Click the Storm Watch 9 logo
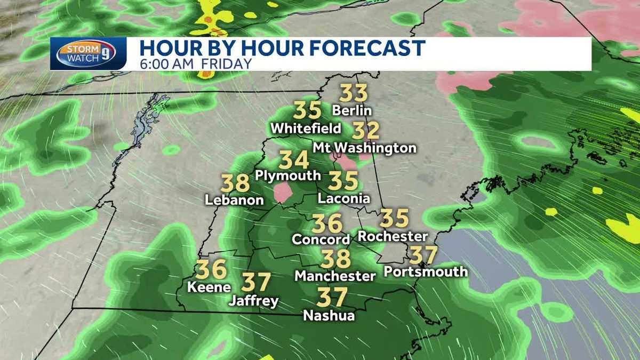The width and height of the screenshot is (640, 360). click(88, 53)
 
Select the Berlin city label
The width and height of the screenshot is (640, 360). click(351, 111)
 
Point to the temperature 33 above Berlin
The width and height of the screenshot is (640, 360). click(354, 93)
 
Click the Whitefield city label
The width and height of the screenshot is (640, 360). click(306, 129)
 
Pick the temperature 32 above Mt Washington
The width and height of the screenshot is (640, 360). click(366, 130)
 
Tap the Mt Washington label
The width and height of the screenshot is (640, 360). click(364, 147)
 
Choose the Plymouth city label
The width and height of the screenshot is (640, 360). click(288, 175)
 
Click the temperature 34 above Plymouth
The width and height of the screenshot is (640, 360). click(294, 159)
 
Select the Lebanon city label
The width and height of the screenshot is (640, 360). click(235, 200)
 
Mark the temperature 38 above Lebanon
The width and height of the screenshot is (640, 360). click(236, 183)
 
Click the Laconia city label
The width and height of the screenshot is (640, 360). click(343, 198)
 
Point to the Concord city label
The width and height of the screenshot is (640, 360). click(321, 239)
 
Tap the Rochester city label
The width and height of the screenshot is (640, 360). click(393, 236)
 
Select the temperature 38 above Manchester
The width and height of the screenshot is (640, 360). click(335, 259)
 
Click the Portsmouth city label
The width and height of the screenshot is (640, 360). click(426, 271)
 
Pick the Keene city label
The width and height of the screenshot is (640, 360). click(209, 286)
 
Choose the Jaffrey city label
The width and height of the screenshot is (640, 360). click(253, 301)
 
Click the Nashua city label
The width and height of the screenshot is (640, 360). click(329, 315)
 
